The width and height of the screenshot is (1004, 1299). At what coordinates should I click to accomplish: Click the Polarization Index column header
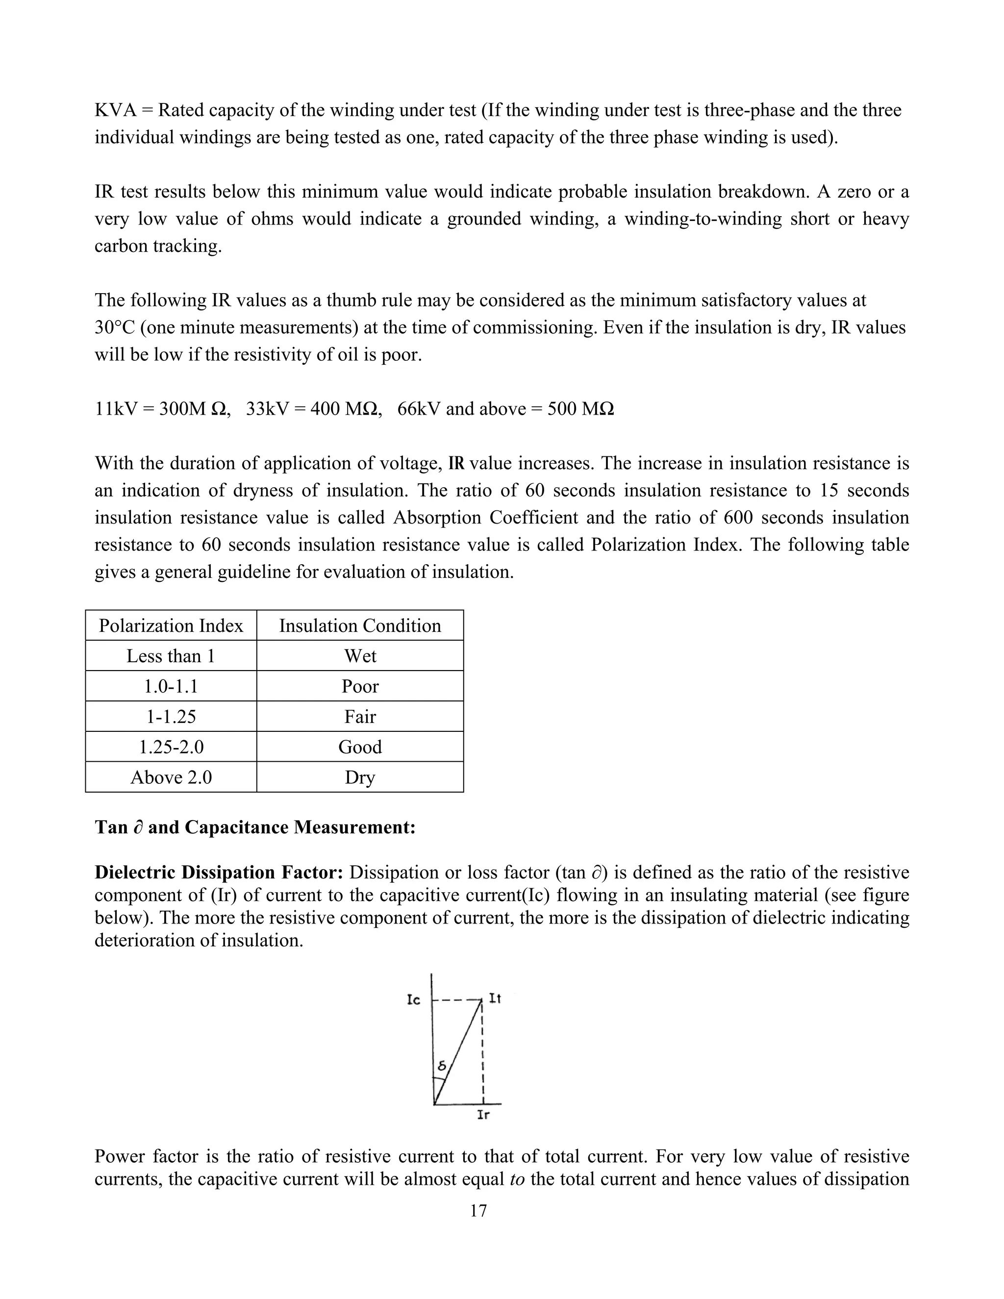coord(171,625)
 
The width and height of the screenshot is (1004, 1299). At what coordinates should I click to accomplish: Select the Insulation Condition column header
coord(360,625)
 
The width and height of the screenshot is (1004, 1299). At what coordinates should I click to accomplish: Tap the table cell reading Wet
coord(360,656)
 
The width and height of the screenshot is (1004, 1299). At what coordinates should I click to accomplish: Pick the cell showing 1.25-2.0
coord(171,747)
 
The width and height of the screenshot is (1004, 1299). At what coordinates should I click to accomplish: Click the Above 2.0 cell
coord(171,777)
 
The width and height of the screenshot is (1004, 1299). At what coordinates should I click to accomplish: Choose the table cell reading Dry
coord(360,777)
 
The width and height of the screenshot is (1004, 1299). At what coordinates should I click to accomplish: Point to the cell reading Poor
coord(360,686)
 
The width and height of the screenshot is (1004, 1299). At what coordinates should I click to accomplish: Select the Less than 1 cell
coord(171,656)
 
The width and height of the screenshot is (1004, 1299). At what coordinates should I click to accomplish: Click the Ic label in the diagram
coord(413,1000)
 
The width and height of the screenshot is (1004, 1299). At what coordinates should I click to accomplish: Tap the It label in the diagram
coord(495,999)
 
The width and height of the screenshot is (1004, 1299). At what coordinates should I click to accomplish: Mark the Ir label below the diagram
coord(483,1115)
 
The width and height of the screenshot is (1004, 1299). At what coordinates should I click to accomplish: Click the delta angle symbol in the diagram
coord(441,1067)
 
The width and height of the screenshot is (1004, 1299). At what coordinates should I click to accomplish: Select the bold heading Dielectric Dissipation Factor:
coord(219,873)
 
